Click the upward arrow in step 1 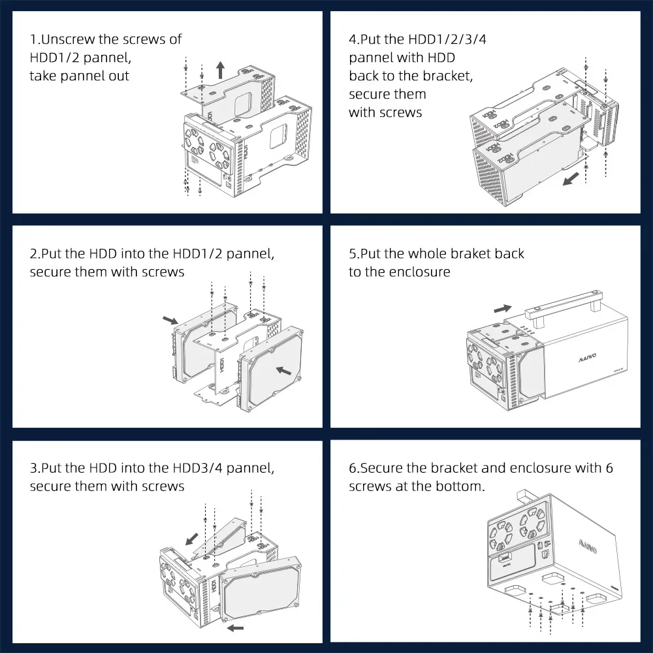[220, 71]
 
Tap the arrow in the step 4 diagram [571, 180]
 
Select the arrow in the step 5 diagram [503, 309]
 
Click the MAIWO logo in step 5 [588, 357]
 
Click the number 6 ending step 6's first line [609, 468]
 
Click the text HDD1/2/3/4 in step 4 [447, 39]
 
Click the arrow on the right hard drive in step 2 [283, 370]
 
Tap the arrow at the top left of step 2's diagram [170, 320]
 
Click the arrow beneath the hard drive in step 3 [236, 628]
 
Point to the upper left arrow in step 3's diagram [191, 539]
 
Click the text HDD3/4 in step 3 [198, 468]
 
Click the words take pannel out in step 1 [80, 76]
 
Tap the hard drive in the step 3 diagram [261, 588]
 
